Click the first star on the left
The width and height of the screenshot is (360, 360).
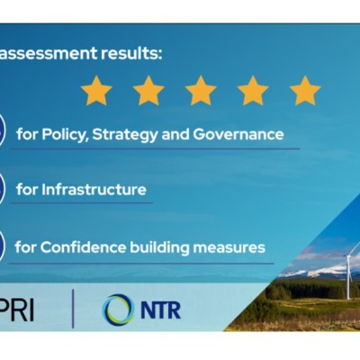pos(96,90)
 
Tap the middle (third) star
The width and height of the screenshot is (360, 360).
pos(201,90)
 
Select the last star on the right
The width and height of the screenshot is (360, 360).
pos(305,90)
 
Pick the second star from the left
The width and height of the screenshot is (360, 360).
pos(148,90)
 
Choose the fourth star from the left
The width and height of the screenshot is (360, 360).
pos(253,90)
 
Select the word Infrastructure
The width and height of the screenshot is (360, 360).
pos(94,190)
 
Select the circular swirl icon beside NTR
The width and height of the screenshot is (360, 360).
pos(118,310)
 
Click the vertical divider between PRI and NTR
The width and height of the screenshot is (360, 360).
pos(74,309)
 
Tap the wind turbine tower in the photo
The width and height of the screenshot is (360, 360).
pos(348,274)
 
